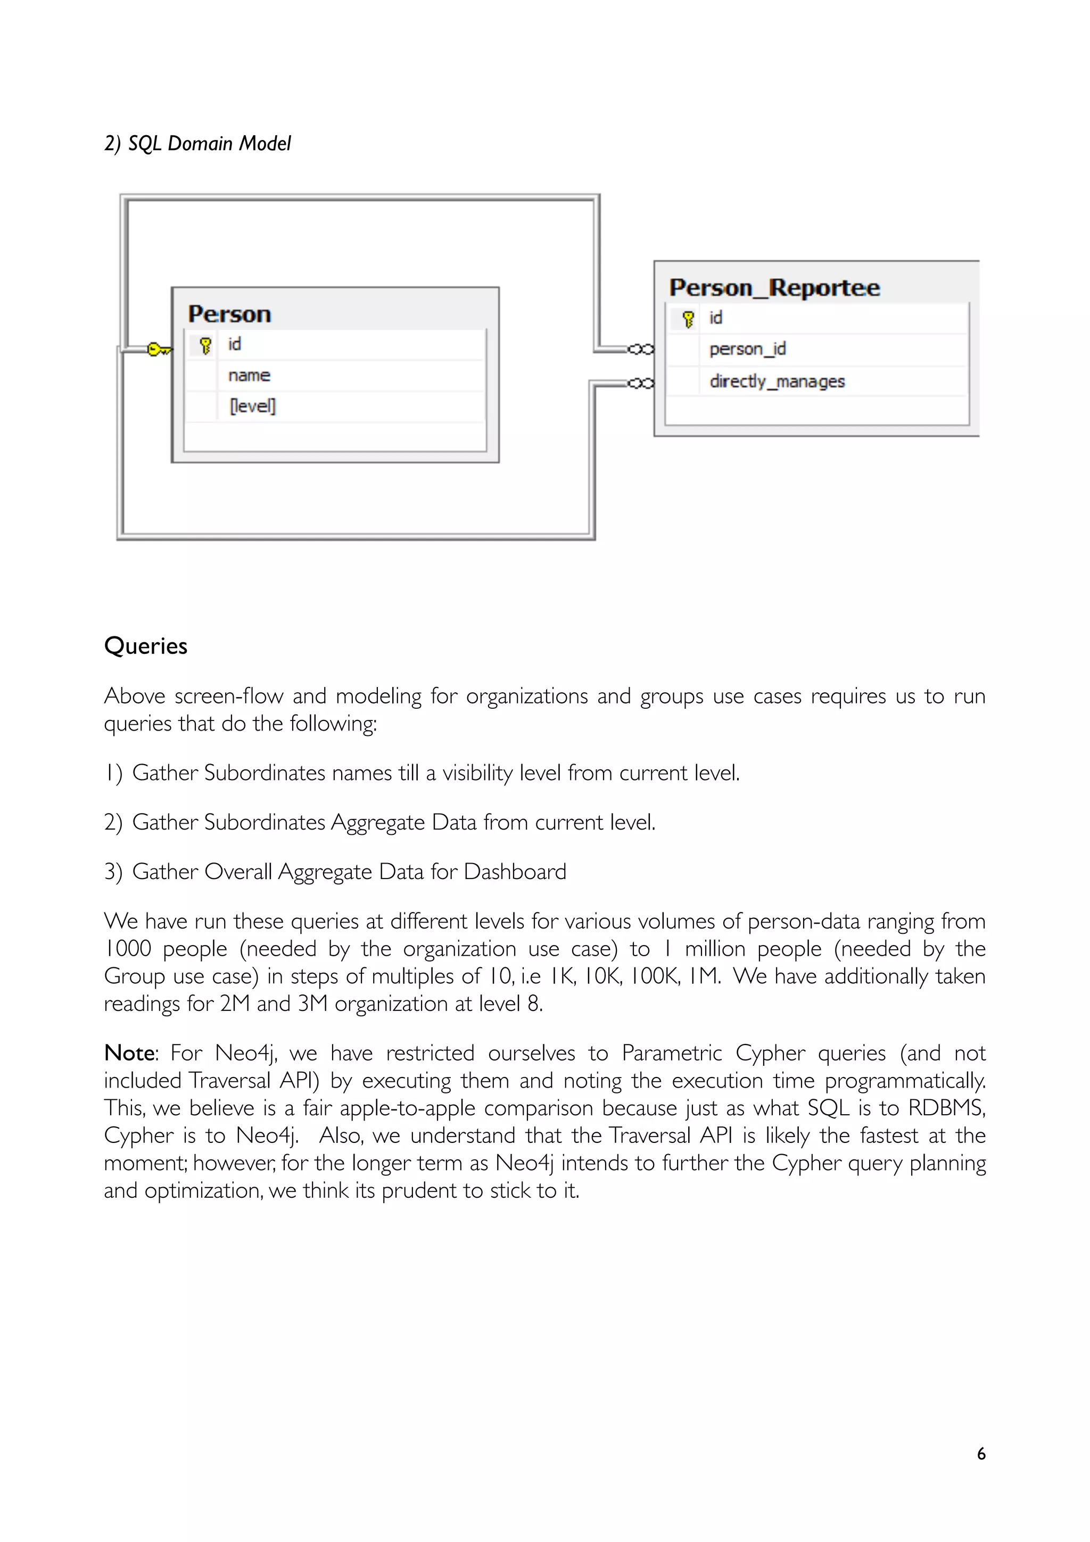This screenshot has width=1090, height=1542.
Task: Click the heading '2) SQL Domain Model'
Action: click(197, 144)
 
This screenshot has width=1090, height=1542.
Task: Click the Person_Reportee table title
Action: click(774, 287)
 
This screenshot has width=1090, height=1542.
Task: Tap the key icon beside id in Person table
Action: click(205, 345)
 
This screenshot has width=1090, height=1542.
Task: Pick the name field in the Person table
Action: click(249, 376)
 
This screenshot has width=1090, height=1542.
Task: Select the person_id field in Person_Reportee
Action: click(747, 349)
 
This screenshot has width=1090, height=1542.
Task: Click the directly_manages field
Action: click(777, 382)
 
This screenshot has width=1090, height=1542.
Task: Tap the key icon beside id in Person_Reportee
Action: click(688, 319)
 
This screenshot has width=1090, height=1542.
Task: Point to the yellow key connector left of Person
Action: click(159, 349)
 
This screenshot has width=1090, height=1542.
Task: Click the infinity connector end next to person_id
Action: click(641, 349)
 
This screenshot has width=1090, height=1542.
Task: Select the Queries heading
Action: click(146, 646)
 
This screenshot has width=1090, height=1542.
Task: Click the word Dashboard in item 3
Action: click(515, 872)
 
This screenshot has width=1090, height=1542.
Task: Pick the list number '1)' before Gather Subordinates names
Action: click(113, 773)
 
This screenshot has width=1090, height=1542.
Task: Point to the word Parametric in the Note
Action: click(671, 1052)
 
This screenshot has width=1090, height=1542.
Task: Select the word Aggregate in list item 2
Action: click(377, 823)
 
